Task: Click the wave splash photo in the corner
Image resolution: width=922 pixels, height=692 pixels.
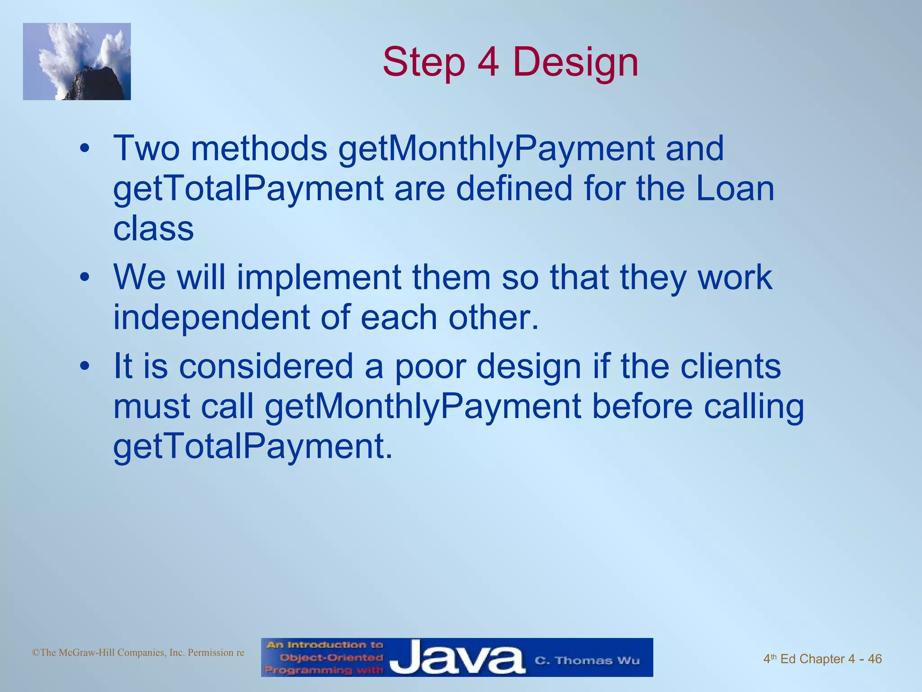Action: [77, 62]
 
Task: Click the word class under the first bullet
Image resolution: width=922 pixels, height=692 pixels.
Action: [154, 228]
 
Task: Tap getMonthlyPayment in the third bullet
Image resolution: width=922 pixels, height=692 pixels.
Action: [423, 406]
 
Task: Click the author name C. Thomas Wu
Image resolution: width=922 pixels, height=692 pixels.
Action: [587, 660]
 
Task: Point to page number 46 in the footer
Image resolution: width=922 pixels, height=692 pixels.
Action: [874, 659]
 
